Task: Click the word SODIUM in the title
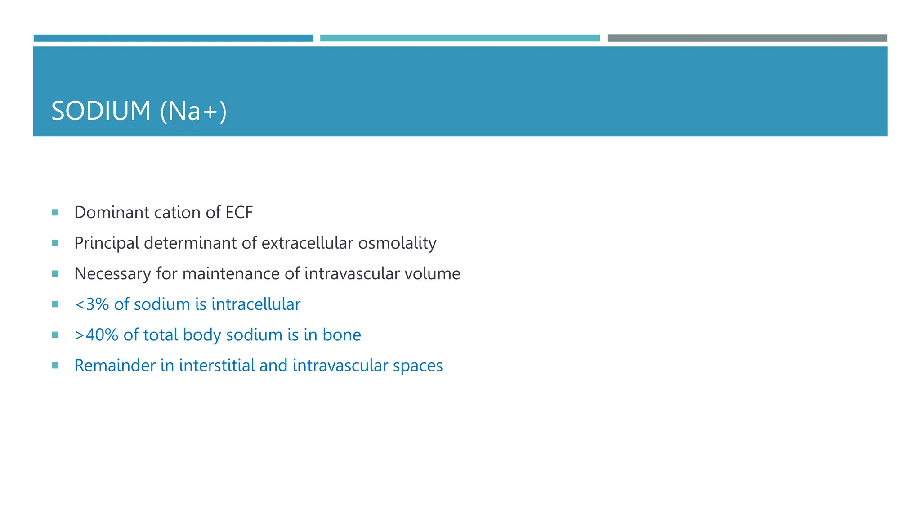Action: point(101,111)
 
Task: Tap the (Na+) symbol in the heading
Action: point(193,111)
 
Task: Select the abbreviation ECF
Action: point(239,212)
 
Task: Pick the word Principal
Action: point(107,243)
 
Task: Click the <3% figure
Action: point(92,304)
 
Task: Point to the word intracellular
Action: point(255,304)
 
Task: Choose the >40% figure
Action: point(96,335)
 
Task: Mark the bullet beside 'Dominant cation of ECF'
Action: point(55,212)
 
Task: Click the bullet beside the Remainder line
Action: point(55,366)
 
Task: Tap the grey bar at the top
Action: point(747,38)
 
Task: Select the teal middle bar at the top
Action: point(460,38)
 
